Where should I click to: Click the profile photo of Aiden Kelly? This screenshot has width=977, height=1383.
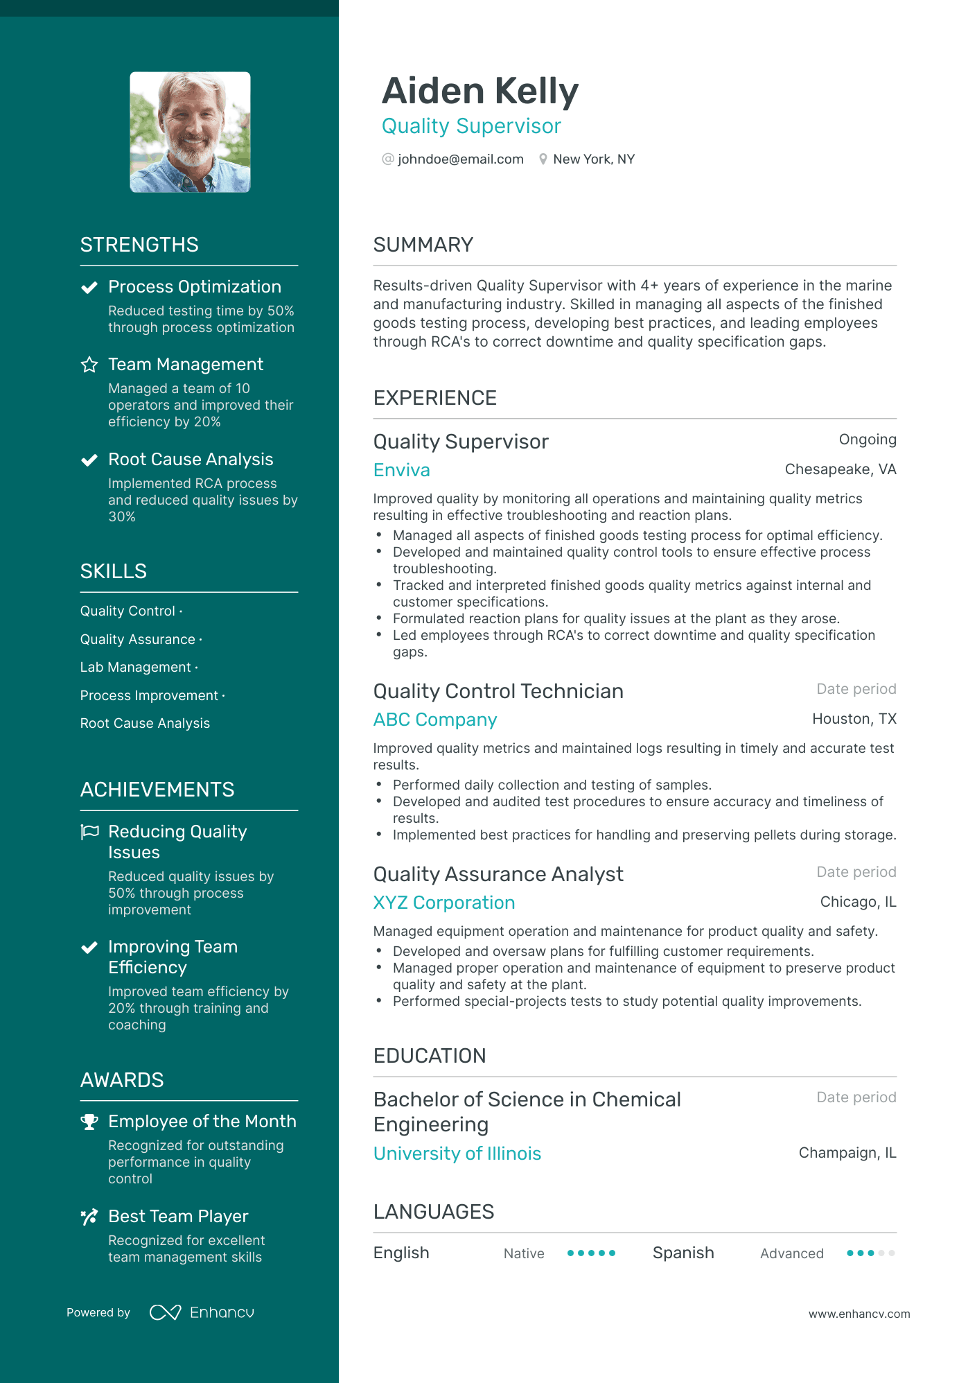pos(190,132)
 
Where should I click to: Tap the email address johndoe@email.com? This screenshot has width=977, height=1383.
pos(460,159)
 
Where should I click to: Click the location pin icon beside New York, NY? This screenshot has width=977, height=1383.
pos(543,159)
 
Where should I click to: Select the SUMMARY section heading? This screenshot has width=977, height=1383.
pos(423,245)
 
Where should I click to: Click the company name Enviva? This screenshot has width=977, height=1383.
pos(401,470)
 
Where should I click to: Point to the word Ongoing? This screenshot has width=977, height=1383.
pos(867,440)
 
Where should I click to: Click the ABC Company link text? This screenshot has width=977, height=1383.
pos(434,720)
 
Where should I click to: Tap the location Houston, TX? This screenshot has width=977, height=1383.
pos(854,719)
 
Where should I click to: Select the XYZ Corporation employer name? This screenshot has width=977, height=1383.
pos(443,903)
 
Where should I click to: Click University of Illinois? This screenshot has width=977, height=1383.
pos(457,1154)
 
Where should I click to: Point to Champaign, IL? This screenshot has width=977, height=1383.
pos(847,1153)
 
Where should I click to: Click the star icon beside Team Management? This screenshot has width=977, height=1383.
pos(89,365)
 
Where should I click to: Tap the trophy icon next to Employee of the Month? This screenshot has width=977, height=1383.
pos(89,1122)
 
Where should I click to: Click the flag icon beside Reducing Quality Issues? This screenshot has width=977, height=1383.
pos(89,832)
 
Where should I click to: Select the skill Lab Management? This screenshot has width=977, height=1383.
pos(135,667)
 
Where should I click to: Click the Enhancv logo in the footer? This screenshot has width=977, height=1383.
pos(202,1312)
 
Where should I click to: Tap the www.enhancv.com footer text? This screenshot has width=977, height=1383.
pos(859,1314)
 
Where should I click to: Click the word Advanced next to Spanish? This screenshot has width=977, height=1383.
pos(791,1253)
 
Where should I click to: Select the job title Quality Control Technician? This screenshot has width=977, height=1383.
pos(498,691)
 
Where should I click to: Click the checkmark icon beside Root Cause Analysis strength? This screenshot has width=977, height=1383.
pos(89,460)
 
